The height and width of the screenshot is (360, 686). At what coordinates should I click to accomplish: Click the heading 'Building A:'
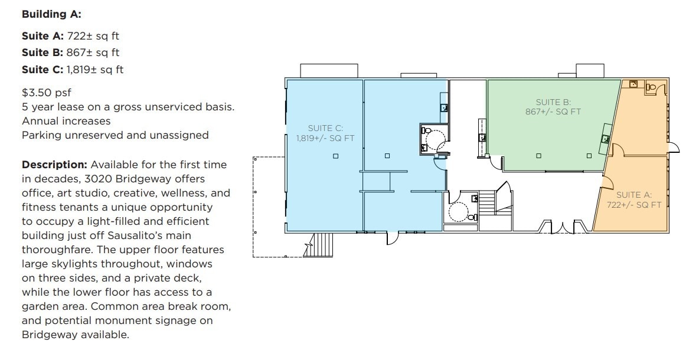pos(51,14)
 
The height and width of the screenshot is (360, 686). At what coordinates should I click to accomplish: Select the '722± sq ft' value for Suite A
pos(93,36)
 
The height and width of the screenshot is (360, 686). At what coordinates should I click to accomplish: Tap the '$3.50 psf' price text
pos(47,93)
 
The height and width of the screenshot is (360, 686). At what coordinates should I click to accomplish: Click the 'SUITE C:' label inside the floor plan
pos(325,128)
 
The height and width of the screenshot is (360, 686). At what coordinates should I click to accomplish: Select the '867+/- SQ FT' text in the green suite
pos(553,112)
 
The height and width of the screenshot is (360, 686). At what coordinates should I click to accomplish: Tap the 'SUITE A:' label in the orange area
pos(633,195)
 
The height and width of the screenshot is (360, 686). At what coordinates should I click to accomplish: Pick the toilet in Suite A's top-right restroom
pos(651,87)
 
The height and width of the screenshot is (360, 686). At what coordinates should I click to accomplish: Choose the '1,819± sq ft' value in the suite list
pos(94,70)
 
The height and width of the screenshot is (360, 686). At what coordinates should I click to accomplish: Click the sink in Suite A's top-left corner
pos(633,84)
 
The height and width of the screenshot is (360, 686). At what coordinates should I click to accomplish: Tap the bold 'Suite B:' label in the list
pos(43,53)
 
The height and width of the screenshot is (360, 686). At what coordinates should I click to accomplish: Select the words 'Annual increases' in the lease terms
pos(66,121)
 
